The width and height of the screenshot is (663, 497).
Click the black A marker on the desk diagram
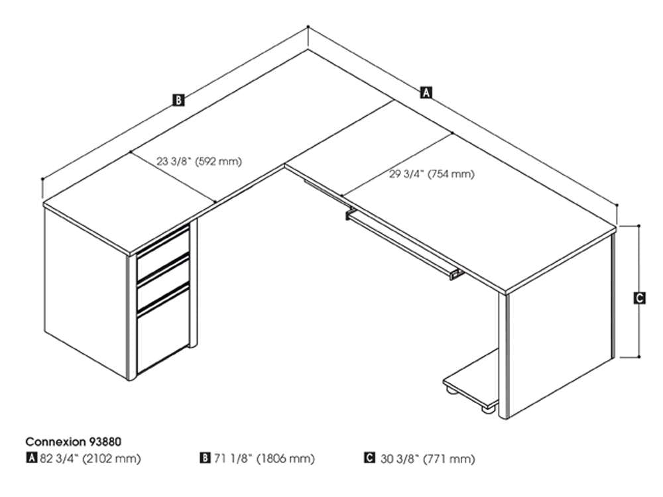pyautogui.click(x=426, y=93)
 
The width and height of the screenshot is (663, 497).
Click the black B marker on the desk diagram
pyautogui.click(x=178, y=101)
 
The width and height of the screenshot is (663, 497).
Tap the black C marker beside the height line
pyautogui.click(x=638, y=298)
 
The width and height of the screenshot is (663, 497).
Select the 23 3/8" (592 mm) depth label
pyautogui.click(x=199, y=161)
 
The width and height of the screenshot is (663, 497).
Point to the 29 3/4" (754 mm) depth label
pyautogui.click(x=432, y=175)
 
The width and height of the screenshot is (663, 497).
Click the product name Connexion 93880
pyautogui.click(x=73, y=441)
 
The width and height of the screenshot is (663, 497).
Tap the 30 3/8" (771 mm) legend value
pyautogui.click(x=428, y=458)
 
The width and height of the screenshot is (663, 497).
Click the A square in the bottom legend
pyautogui.click(x=31, y=458)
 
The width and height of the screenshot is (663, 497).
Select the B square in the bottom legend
pyautogui.click(x=206, y=458)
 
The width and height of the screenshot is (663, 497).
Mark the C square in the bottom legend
pyautogui.click(x=369, y=458)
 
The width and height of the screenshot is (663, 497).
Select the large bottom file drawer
pyautogui.click(x=162, y=335)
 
